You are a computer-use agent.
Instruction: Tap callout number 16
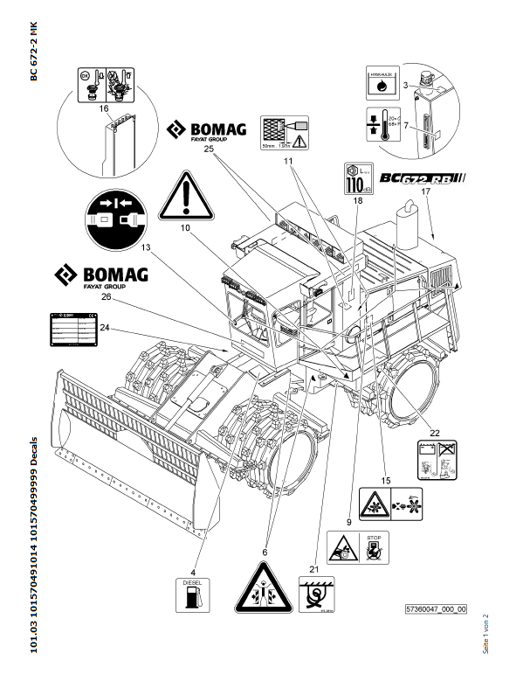[x=104, y=108]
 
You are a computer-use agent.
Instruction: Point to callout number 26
[x=107, y=296]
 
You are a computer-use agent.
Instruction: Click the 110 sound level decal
[x=354, y=177]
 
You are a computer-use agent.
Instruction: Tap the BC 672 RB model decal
[x=423, y=179]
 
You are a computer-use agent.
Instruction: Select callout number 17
[x=425, y=190]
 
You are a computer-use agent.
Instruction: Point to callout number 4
[x=194, y=548]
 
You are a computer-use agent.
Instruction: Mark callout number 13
[x=145, y=248]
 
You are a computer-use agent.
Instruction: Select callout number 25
[x=209, y=149]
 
